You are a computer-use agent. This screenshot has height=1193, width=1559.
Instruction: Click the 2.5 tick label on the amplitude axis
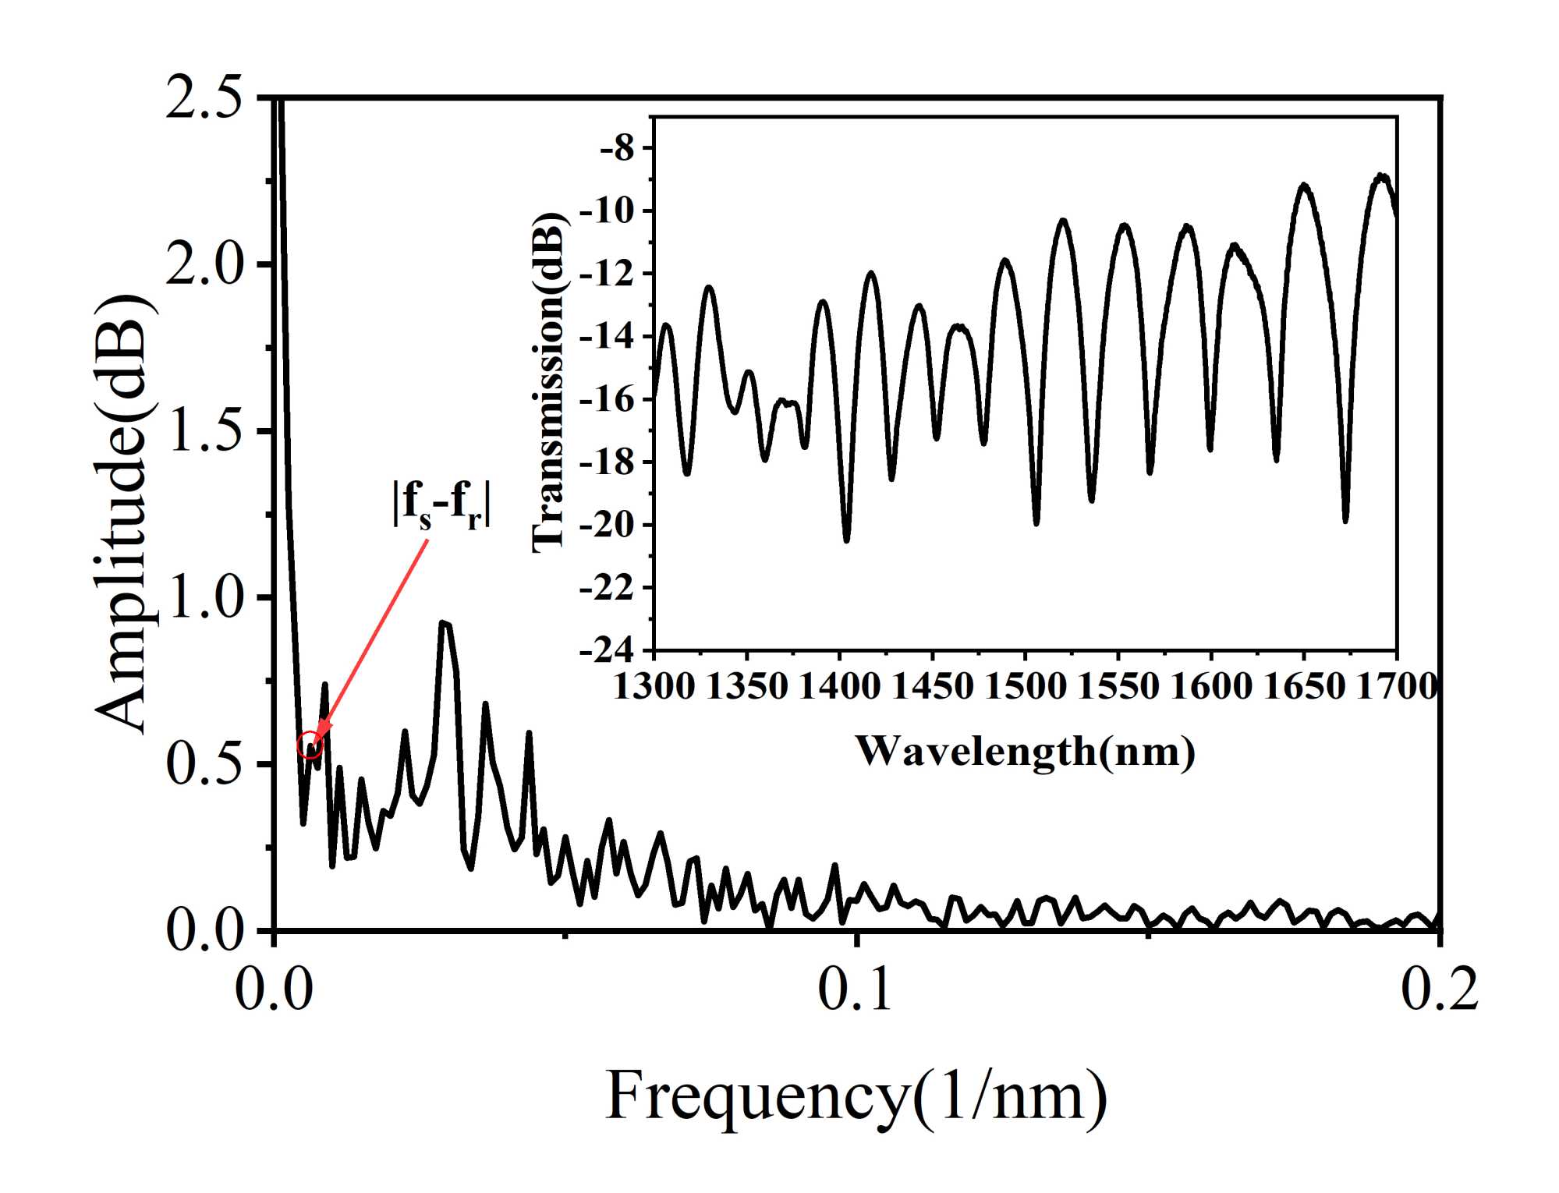click(x=204, y=98)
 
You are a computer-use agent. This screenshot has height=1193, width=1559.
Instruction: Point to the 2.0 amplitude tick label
click(x=204, y=265)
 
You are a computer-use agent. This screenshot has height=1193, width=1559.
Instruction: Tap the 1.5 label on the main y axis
click(x=204, y=431)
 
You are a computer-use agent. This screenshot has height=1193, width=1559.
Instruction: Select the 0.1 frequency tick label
click(x=856, y=989)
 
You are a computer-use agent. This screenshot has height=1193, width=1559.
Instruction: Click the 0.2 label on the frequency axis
click(x=1439, y=989)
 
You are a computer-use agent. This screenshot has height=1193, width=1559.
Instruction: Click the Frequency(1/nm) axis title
click(x=856, y=1096)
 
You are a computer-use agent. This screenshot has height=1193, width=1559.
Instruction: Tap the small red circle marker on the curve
click(x=310, y=744)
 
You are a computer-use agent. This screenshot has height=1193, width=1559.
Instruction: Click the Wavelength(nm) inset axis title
click(x=1025, y=752)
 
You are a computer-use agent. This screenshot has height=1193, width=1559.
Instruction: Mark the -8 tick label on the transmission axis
click(x=618, y=148)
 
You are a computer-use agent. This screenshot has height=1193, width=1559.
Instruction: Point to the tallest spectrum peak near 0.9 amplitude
click(x=444, y=623)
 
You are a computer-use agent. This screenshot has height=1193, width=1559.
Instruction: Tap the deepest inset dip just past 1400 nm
click(x=847, y=538)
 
